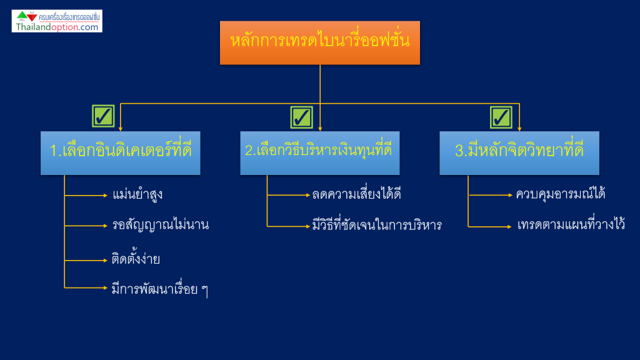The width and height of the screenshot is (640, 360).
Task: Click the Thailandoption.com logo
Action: tap(57, 21)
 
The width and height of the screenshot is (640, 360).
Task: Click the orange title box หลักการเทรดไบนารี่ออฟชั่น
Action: tap(319, 43)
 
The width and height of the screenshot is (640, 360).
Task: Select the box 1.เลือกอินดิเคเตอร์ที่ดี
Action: tap(121, 153)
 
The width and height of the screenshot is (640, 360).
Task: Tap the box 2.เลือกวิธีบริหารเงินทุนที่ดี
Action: tap(319, 153)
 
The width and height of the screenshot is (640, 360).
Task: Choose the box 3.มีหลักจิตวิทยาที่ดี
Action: tap(519, 153)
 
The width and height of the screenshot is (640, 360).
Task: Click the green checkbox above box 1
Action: tap(103, 116)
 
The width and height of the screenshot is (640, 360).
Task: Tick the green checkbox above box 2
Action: tap(302, 117)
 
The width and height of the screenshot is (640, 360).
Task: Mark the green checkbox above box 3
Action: tap(501, 117)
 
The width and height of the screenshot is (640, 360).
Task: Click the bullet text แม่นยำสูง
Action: tap(137, 194)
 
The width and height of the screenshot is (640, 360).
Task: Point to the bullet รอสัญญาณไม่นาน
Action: tap(161, 225)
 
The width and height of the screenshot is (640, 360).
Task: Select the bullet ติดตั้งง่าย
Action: tap(136, 259)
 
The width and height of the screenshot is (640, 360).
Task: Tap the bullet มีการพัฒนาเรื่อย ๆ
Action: tap(160, 289)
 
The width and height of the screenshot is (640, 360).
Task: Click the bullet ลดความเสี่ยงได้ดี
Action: tap(356, 194)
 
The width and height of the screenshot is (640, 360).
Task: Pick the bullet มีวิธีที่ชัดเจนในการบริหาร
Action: tap(377, 224)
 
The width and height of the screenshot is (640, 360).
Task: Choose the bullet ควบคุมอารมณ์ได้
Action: tap(561, 194)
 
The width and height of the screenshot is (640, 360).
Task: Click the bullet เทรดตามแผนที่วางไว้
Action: tap(571, 224)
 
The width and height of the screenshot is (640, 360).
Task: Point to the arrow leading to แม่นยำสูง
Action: tap(86, 196)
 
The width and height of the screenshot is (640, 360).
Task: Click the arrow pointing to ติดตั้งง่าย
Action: tap(86, 261)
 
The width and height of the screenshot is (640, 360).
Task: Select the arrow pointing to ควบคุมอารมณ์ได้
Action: tap(490, 195)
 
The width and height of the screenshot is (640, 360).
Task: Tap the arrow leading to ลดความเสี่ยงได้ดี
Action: tap(289, 195)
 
